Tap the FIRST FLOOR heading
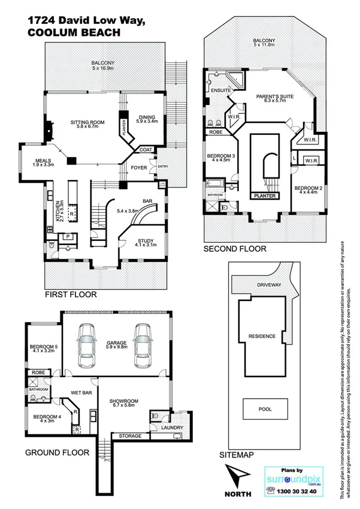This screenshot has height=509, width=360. [x=71, y=295]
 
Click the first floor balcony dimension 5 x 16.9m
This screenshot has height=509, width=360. [x=104, y=68]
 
